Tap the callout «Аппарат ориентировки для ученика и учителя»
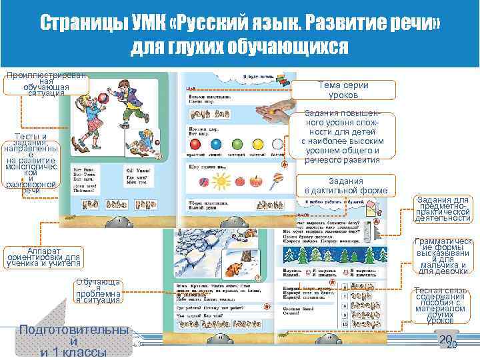[43, 257]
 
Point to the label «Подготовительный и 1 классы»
[73, 341]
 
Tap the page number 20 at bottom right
[446, 341]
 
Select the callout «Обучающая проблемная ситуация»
[98, 291]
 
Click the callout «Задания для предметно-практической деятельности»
[443, 209]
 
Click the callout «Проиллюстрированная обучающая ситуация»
[37, 85]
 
